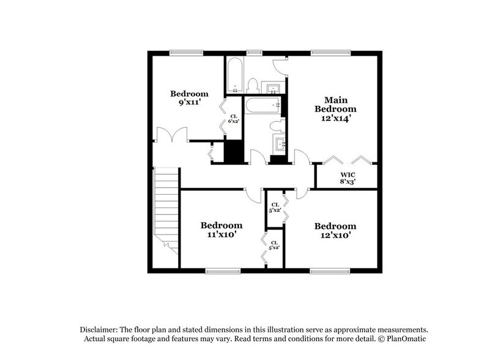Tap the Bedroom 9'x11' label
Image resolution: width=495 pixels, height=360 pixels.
coord(189,99)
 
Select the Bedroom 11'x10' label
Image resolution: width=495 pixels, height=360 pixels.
coord(221,230)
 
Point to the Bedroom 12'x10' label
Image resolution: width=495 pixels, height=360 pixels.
coord(335,230)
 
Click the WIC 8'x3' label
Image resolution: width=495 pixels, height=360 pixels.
coord(347,178)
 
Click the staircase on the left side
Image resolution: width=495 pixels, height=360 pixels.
coord(166,208)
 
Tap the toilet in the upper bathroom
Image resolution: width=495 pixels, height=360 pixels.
coord(252,84)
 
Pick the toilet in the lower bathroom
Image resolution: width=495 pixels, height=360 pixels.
coord(278,126)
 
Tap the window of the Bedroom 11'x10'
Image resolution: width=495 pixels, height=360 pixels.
coord(221,270)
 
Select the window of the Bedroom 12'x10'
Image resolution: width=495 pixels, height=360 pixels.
coord(325,270)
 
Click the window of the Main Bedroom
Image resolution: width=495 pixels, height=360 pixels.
coord(325,52)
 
